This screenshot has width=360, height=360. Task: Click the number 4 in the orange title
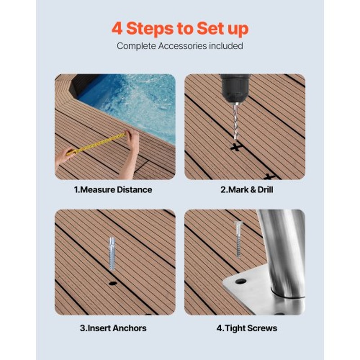pos(117,28)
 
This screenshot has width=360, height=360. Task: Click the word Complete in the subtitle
pos(133,46)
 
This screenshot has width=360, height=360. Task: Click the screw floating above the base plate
pos(238,239)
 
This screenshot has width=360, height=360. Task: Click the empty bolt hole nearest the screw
pos(241,281)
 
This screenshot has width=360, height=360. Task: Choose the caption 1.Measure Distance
pos(113,190)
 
